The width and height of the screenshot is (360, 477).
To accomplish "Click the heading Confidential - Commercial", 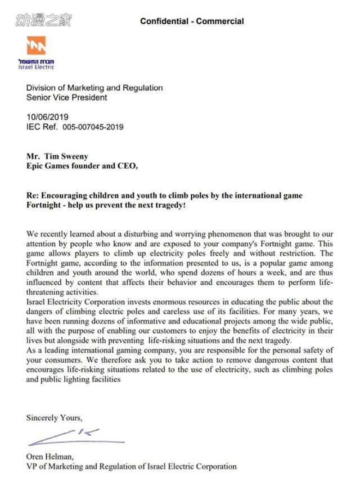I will pyautogui.click(x=192, y=21).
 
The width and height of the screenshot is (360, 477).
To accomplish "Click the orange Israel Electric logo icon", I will pyautogui.click(x=37, y=46).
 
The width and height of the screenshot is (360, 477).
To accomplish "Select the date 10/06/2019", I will pyautogui.click(x=47, y=118).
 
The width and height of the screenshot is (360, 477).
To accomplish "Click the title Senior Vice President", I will pyautogui.click(x=66, y=97).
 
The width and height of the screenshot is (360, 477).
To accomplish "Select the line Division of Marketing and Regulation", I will pyautogui.click(x=94, y=88).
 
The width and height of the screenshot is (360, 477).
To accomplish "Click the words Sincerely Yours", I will pyautogui.click(x=54, y=417).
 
